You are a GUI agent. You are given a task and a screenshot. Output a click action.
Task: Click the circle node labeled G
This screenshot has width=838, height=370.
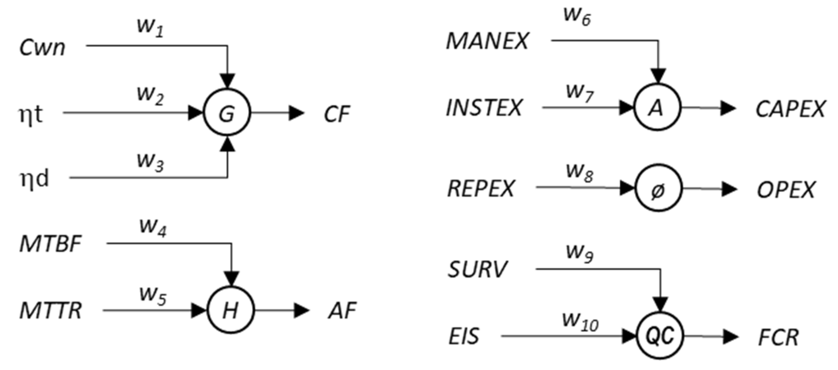coord(227,113)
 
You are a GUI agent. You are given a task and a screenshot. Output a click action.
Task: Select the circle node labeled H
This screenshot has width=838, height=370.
coord(231,310)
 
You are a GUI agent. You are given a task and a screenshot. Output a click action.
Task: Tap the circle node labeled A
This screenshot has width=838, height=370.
coord(657,108)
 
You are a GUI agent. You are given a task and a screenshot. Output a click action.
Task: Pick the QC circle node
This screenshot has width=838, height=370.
coord(659,336)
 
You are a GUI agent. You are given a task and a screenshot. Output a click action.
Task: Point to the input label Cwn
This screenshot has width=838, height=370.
coord(42,48)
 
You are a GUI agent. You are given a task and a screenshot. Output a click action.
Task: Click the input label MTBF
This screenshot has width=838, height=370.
coord(50,244)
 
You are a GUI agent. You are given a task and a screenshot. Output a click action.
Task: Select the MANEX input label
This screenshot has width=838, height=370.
coord(487,41)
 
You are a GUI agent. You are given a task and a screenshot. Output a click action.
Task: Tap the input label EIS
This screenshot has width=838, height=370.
coord(463,337)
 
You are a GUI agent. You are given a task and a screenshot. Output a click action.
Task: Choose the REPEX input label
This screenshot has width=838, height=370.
coord(481,188)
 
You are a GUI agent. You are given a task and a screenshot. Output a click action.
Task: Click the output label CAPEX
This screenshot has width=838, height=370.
coord(790,109)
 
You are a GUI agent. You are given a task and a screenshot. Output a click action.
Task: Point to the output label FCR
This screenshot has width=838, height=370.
coord(778,338)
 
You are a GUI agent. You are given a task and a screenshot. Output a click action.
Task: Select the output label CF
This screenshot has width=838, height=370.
coord(337,114)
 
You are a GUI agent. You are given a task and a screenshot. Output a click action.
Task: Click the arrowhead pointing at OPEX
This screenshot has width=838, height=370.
coord(729,189)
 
